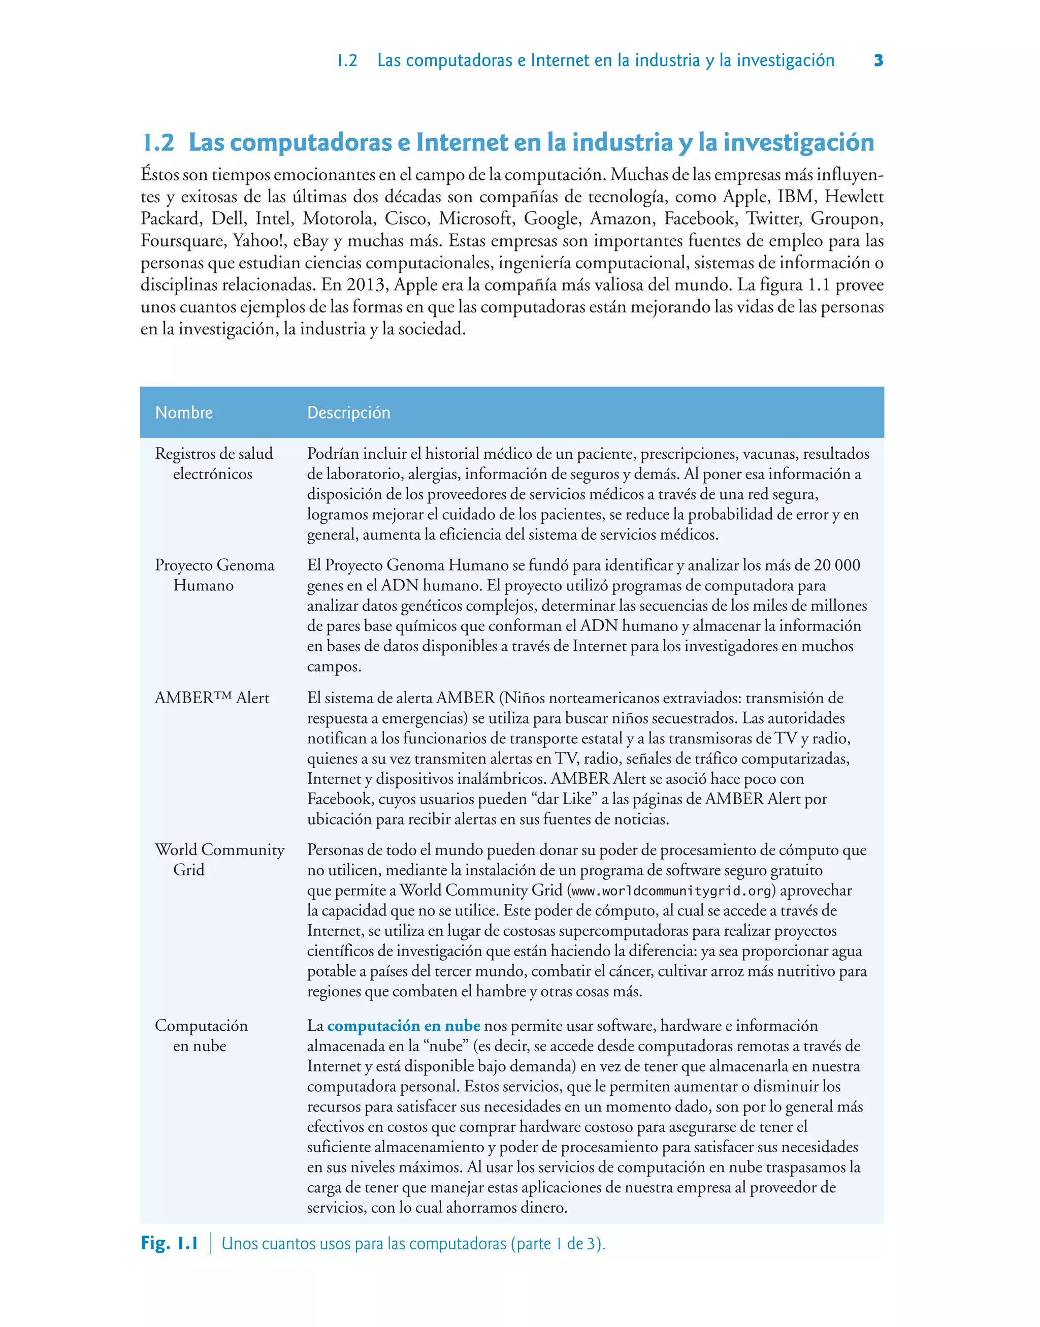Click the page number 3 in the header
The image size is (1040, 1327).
pos(878,60)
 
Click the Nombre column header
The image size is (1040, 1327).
pos(184,413)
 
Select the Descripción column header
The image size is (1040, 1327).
pos(348,413)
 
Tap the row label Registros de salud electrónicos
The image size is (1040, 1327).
pos(214,463)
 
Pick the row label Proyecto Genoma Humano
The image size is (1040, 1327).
pos(214,575)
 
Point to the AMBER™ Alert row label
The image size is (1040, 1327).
pos(212,698)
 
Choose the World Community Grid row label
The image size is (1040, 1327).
pos(219,859)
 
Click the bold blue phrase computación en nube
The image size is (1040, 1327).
pos(404,1026)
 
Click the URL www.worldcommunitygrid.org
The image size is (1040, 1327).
pos(672,891)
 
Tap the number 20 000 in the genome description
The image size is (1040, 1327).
pos(837,565)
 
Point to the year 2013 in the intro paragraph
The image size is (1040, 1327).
pos(367,285)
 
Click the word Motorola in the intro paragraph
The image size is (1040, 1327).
pos(339,218)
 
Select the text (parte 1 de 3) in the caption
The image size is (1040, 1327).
pos(557,1244)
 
